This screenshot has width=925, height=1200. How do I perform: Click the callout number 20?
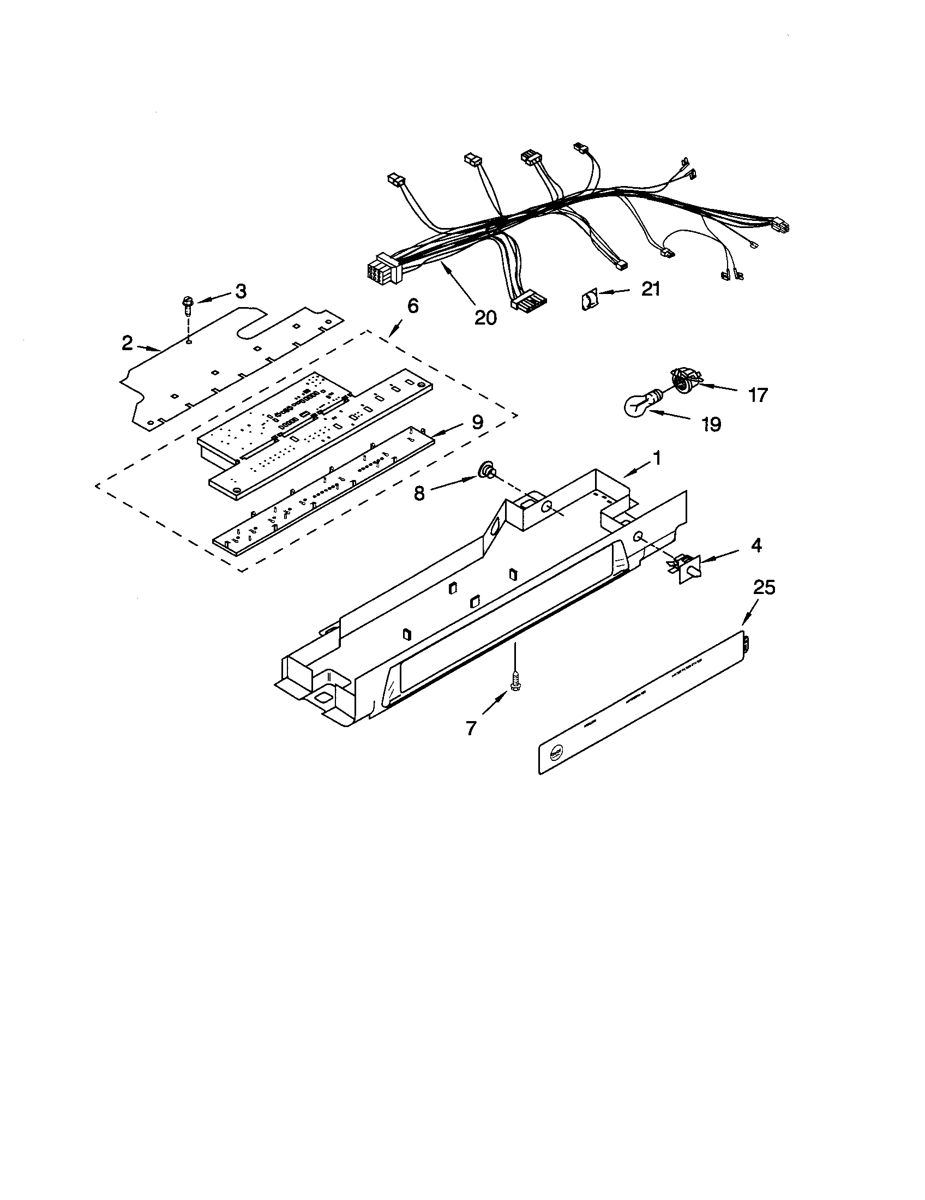pos(485,317)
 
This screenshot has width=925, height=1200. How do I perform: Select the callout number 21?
pos(651,289)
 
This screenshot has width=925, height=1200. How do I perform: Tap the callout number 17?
pos(758,394)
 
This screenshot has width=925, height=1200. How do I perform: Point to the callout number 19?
pos(711,424)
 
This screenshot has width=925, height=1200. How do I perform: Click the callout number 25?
pos(764,587)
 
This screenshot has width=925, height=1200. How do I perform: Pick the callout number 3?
pos(241,292)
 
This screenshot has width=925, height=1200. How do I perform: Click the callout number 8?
pos(419,494)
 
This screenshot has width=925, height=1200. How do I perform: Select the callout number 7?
pos(471,728)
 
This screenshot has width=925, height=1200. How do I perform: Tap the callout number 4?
pos(756,545)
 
